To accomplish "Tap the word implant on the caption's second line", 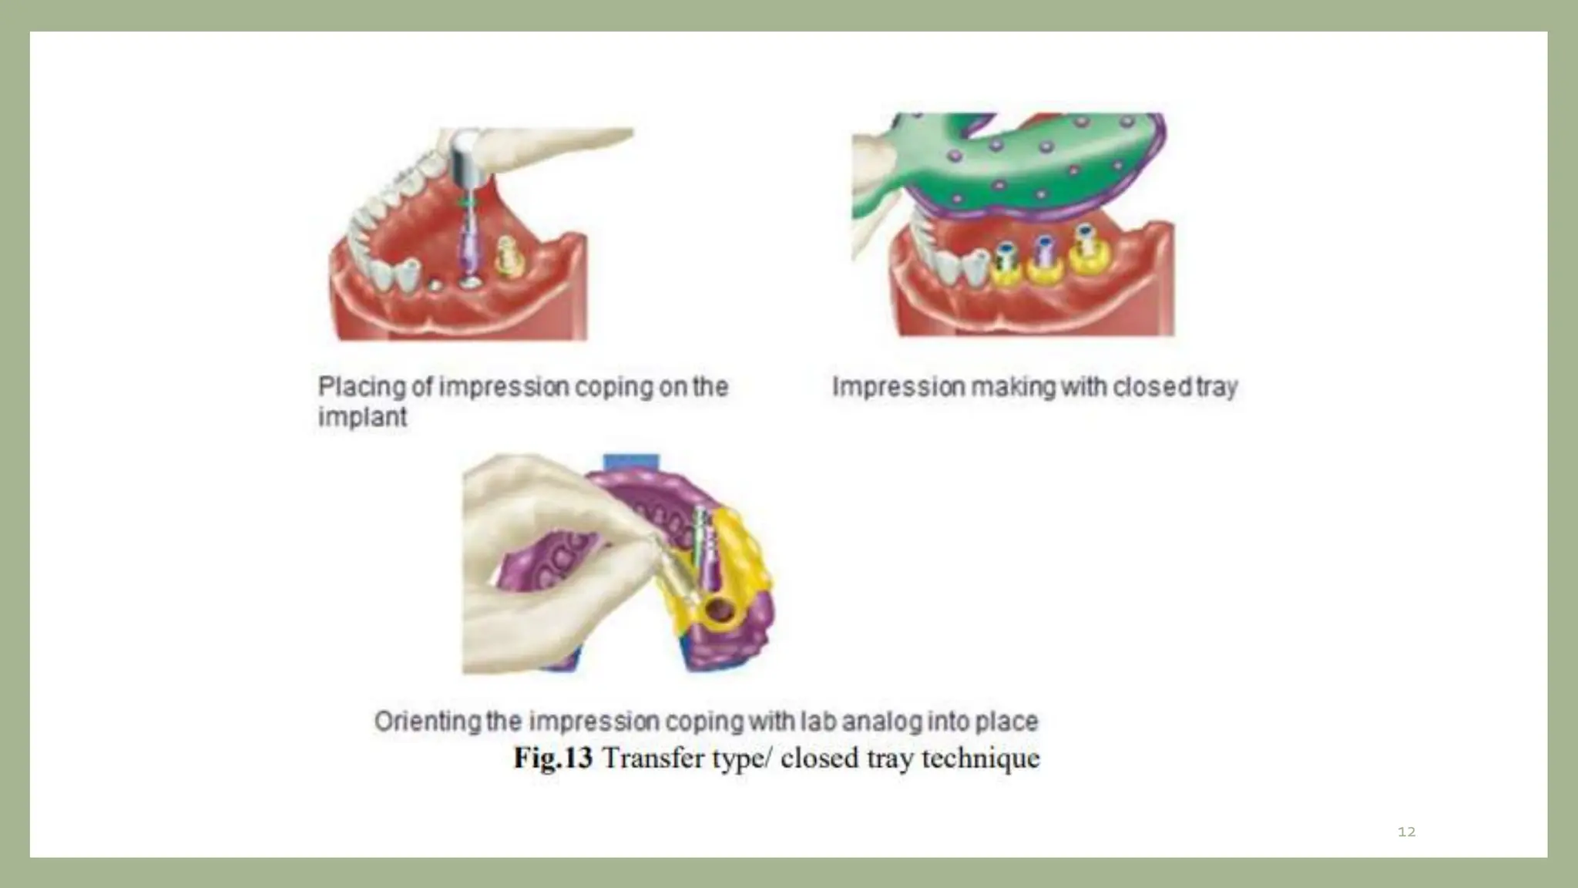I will click(362, 417).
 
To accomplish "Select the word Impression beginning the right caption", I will click(898, 387).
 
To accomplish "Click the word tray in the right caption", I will click(1217, 387).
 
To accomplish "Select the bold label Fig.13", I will click(552, 758).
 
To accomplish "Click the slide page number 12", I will click(1406, 832).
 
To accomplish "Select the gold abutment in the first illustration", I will click(509, 256).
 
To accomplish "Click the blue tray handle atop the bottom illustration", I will click(630, 462).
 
